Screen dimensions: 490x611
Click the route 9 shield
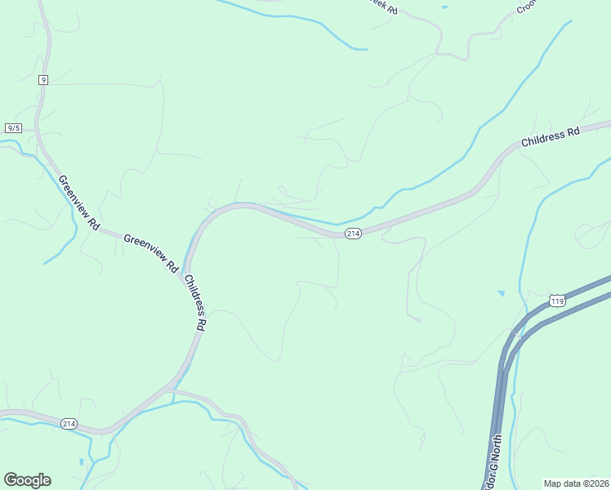click(42, 79)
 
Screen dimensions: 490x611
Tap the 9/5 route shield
click(14, 128)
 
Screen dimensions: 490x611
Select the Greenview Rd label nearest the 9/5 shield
click(78, 203)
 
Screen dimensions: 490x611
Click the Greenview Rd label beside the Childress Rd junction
click(151, 252)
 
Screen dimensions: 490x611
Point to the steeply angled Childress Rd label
click(195, 301)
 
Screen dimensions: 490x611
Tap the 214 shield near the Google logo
click(69, 423)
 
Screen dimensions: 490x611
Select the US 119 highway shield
click(558, 301)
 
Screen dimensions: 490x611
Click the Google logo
click(27, 480)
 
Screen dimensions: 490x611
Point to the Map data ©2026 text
click(577, 483)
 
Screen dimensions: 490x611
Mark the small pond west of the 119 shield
click(501, 292)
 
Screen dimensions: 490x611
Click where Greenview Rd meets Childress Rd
click(185, 270)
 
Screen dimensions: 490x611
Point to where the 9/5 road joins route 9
click(38, 129)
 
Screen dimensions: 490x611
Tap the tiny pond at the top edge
click(444, 7)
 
